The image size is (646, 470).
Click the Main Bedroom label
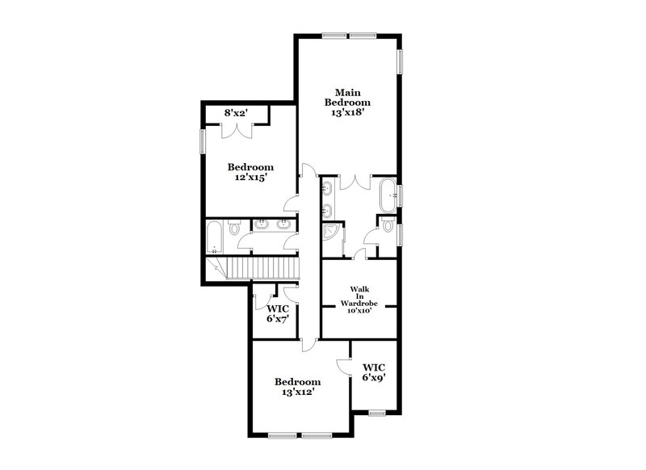pos(347,98)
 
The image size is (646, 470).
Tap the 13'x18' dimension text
pos(347,114)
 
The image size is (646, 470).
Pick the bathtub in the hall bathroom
pos(214,237)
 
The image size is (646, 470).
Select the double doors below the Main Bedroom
pos(356,183)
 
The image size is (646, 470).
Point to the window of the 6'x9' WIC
pos(376,413)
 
